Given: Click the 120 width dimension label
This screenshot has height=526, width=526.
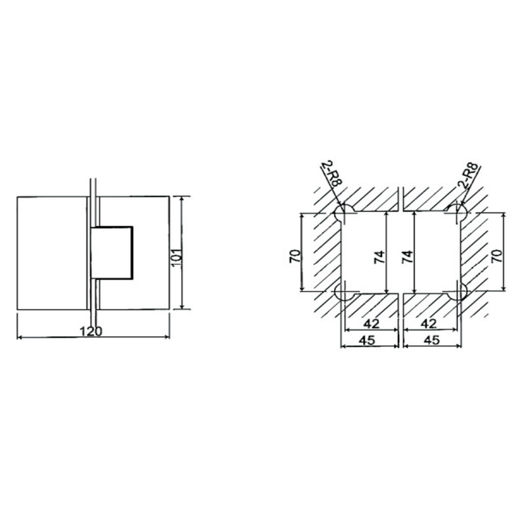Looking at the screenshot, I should [92, 331].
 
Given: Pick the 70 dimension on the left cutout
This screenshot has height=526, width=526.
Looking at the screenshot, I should [295, 254].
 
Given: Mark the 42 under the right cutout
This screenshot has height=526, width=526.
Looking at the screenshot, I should [430, 324].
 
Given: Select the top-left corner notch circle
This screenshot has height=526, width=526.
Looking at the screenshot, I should [343, 212].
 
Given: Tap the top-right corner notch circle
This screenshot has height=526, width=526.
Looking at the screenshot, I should [458, 212].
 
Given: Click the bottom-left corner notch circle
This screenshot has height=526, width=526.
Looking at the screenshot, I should [343, 293].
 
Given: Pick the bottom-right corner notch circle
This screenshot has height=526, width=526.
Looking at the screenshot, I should [458, 293].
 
